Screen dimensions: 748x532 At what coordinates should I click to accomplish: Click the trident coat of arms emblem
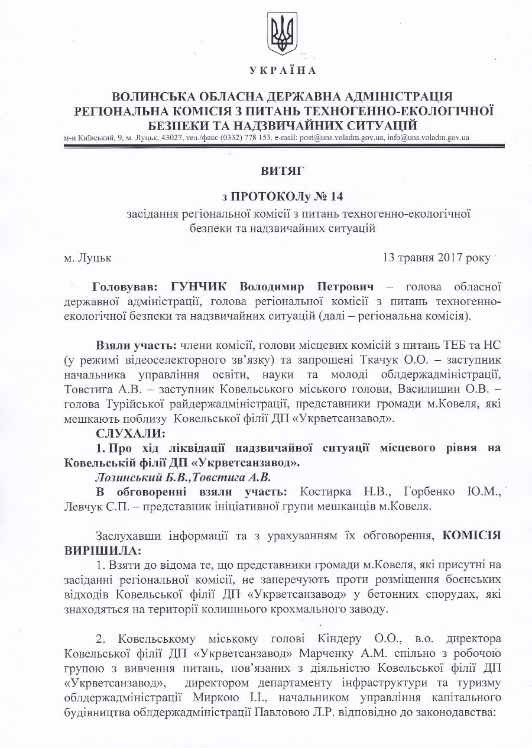coord(282,34)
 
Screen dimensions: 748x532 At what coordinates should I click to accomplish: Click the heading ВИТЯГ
coord(282,171)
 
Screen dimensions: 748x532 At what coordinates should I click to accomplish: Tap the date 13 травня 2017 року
coord(437,258)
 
